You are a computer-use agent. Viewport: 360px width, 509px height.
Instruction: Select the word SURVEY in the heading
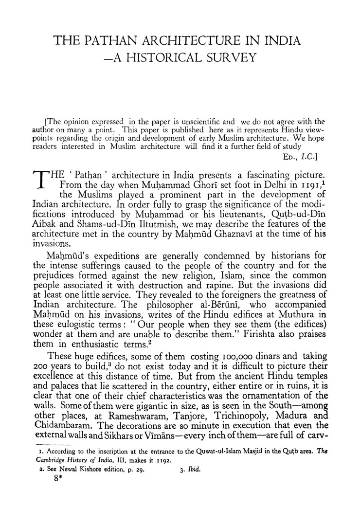(228, 58)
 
